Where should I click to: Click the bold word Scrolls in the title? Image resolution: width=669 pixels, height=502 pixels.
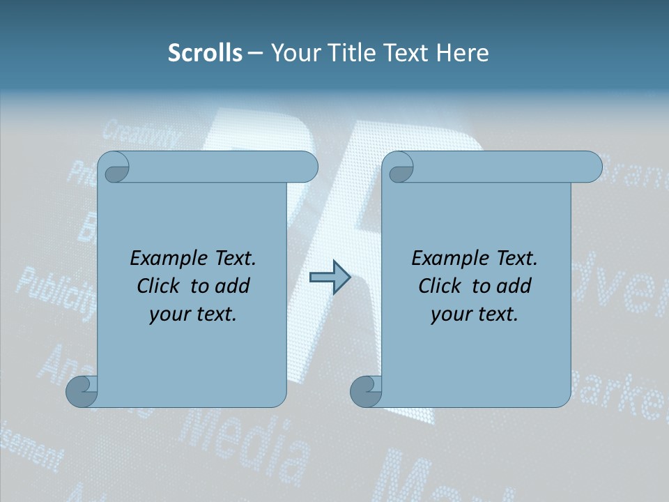click(x=205, y=52)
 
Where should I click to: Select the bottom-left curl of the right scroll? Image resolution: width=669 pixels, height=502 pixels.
click(x=367, y=390)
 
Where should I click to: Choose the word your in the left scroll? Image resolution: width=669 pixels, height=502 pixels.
click(x=168, y=314)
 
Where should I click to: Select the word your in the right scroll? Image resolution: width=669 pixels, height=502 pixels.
click(x=449, y=314)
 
